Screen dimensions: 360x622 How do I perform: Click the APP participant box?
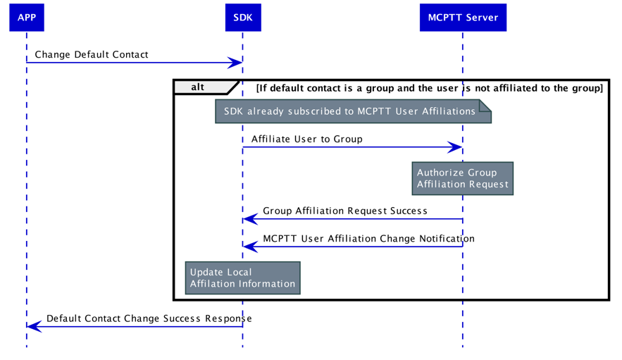26,18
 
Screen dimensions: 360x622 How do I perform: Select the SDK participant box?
242,18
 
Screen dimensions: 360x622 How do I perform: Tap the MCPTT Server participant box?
463,18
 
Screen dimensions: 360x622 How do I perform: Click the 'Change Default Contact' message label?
91,54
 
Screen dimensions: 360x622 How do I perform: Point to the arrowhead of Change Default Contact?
237,63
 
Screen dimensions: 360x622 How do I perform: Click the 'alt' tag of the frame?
198,87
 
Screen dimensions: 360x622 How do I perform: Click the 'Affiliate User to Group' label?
306,139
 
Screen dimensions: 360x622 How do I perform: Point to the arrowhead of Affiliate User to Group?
457,147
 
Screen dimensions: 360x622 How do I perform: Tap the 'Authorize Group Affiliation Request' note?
462,178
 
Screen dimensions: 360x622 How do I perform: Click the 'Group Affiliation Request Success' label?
344,211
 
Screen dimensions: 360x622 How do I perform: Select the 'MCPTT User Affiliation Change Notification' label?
368,238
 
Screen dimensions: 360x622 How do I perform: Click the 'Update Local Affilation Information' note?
242,278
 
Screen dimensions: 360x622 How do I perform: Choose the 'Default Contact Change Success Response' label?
149,318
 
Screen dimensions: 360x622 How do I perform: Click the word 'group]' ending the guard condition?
587,88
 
